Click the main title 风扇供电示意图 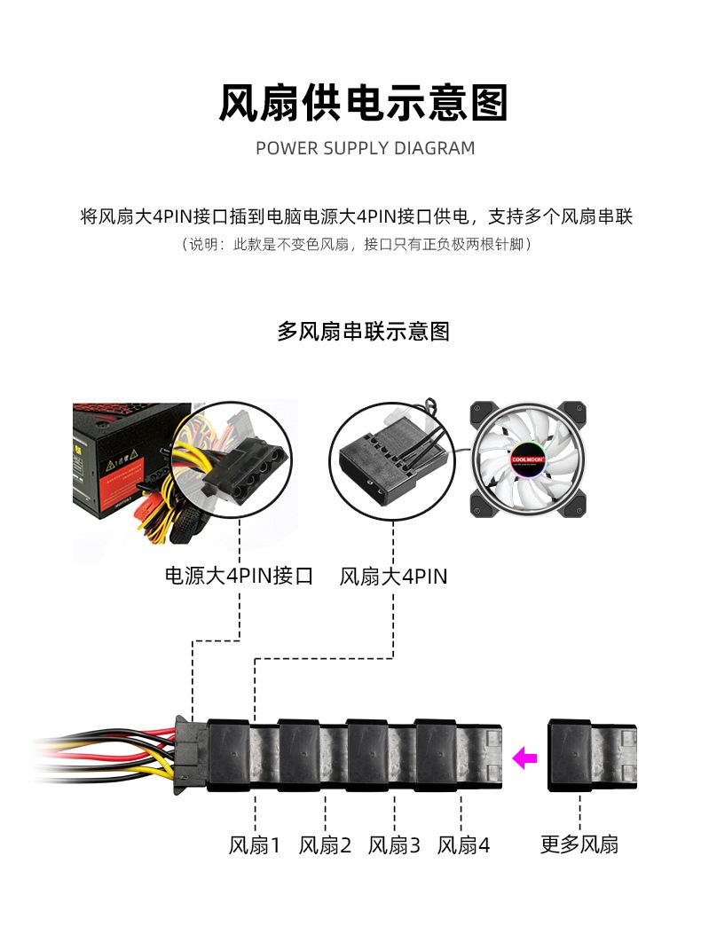[x=364, y=103]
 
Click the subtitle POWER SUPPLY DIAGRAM [x=365, y=148]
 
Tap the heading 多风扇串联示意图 [x=364, y=332]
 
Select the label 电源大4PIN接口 [x=240, y=577]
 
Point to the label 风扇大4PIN [x=393, y=577]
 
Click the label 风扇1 [x=255, y=845]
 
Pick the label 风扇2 [x=325, y=845]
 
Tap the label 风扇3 [x=394, y=845]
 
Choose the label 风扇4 [x=463, y=845]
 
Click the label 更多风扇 [x=579, y=845]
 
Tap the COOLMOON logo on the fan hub [x=527, y=461]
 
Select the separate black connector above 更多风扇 [x=592, y=755]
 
